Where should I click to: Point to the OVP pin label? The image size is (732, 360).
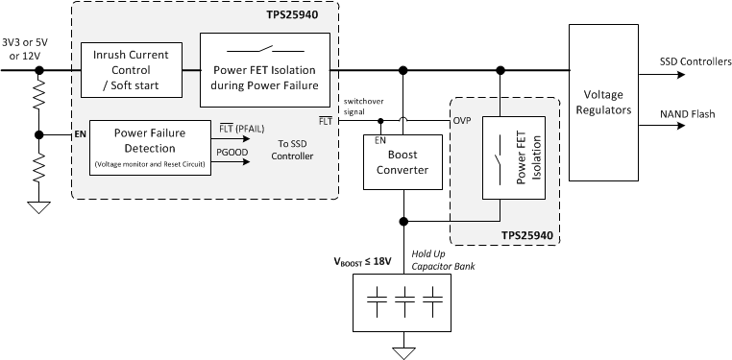coord(464,121)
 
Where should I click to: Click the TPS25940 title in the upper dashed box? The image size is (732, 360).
coord(299,16)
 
